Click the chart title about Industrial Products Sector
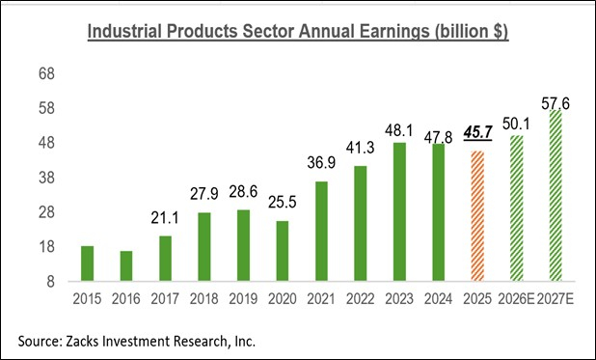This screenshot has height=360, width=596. coord(298,32)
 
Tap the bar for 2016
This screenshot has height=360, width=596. coord(125,266)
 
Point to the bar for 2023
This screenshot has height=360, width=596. coord(398,211)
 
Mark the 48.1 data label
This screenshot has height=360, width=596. coord(398,130)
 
